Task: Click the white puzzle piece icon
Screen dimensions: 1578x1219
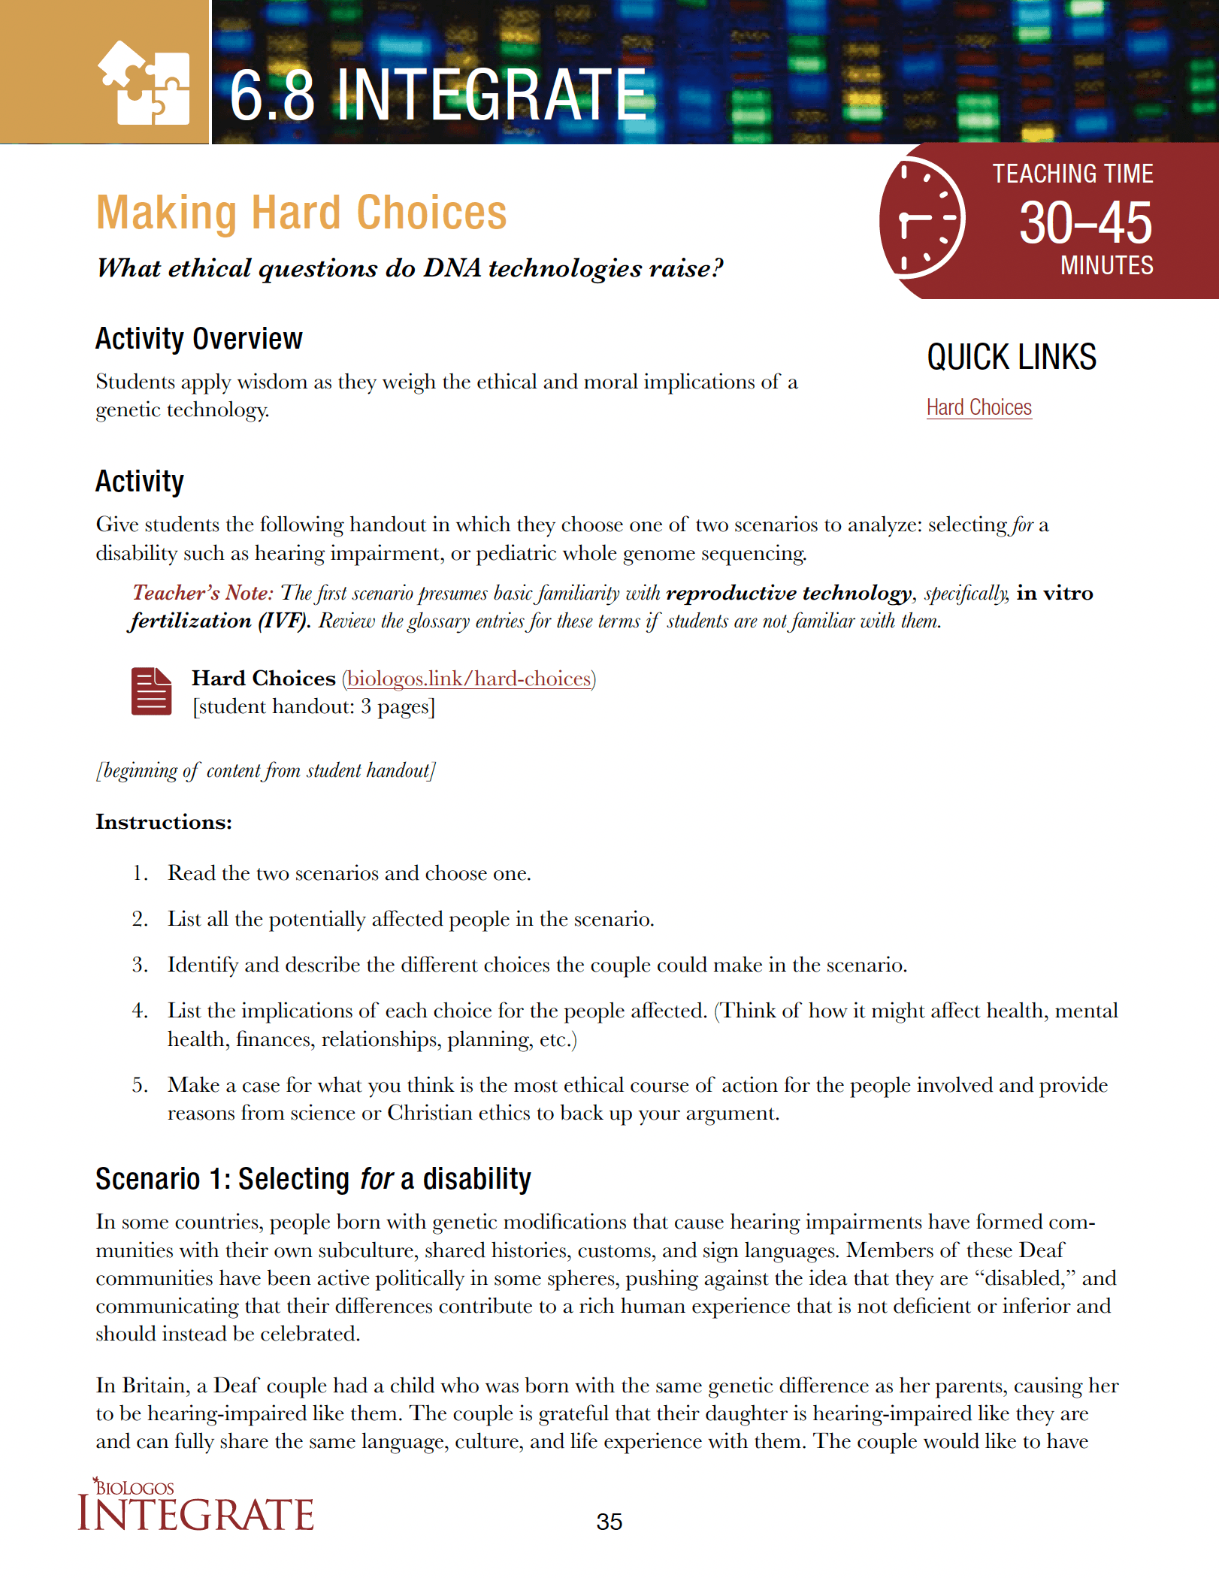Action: point(144,83)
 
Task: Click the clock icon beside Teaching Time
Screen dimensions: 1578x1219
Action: point(923,219)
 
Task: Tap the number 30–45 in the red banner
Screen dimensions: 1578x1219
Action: point(1084,223)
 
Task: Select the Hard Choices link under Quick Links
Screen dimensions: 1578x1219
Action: point(979,407)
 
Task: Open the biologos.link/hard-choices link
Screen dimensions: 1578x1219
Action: point(469,679)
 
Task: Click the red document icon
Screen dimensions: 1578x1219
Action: point(151,691)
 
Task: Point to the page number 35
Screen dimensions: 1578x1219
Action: point(609,1522)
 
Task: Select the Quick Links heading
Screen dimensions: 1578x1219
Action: point(1011,357)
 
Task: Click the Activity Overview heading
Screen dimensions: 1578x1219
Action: point(199,339)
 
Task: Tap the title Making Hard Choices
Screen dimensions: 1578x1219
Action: point(301,213)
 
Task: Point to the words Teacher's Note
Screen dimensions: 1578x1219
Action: point(202,593)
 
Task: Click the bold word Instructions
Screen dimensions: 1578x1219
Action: point(164,822)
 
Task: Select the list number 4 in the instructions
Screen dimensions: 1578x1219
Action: point(140,1011)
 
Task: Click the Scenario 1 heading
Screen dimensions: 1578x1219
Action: point(313,1179)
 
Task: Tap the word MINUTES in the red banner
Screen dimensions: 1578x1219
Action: point(1106,266)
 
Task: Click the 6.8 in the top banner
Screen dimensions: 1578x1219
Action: point(272,95)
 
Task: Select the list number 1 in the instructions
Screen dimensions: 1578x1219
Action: point(140,873)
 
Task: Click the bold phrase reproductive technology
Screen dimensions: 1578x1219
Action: point(788,593)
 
